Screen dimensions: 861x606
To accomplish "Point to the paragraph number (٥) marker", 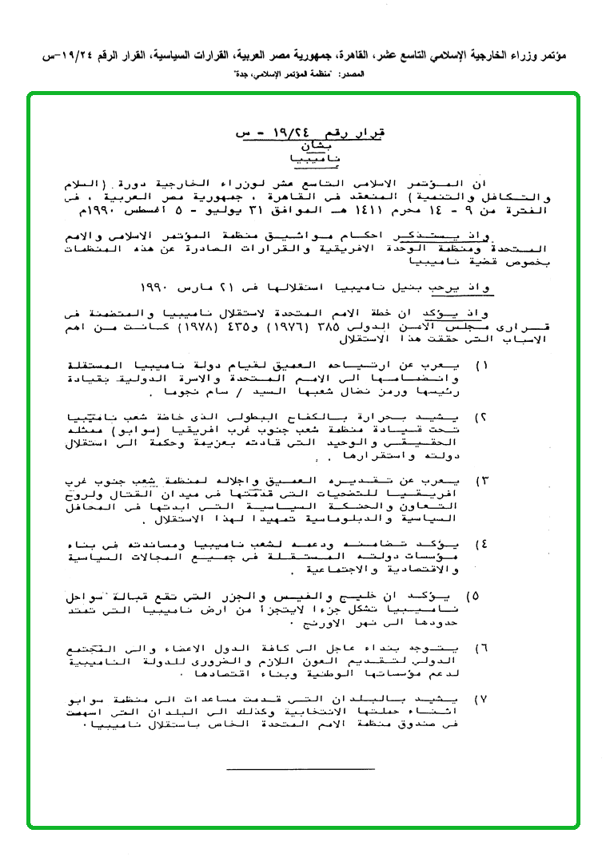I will pos(472,596).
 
